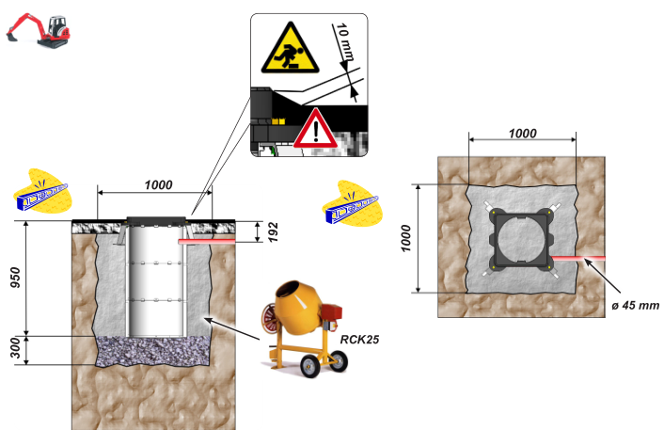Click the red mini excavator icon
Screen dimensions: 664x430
39,30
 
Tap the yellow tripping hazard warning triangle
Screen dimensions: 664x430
290,49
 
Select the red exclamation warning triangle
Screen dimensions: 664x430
315,129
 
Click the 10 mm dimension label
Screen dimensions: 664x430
345,42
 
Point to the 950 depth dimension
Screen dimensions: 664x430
15,278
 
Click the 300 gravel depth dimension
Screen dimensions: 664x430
15,348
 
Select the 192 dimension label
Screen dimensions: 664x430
274,231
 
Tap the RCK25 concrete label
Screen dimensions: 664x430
359,340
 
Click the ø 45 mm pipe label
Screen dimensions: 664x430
635,305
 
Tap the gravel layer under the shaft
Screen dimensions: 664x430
153,351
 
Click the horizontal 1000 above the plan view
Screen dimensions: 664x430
523,134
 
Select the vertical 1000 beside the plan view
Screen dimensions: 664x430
405,238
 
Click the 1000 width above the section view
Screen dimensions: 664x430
158,184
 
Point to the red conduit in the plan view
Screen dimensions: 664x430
578,258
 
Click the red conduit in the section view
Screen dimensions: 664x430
207,241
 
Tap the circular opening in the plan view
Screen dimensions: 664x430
522,239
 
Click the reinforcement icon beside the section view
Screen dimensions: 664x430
42,192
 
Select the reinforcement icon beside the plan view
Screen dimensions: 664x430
352,204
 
